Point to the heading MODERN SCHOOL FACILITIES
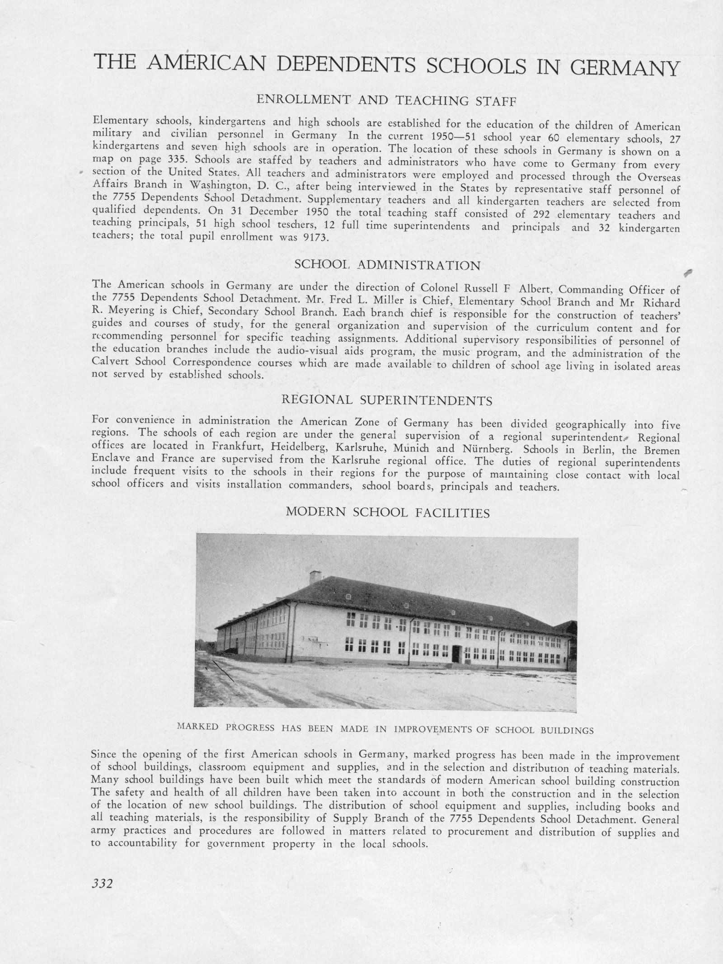(388, 513)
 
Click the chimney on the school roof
(315, 576)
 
